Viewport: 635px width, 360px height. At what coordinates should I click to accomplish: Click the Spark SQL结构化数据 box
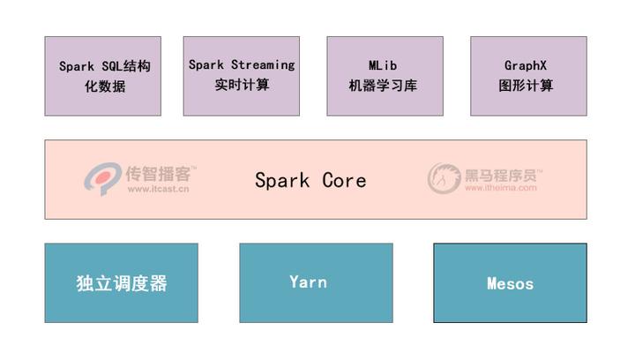(x=103, y=76)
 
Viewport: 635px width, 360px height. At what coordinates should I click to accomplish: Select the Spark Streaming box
(x=242, y=76)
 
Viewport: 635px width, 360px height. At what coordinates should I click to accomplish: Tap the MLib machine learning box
(x=385, y=76)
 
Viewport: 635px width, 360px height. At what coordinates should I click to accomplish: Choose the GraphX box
(x=528, y=76)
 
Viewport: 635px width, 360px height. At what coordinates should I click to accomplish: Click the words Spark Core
(x=310, y=180)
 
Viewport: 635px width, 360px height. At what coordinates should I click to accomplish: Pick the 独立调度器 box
(x=121, y=283)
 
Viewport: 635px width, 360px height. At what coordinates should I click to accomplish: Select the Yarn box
(x=316, y=282)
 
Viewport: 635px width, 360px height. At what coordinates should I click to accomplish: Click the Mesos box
(x=510, y=283)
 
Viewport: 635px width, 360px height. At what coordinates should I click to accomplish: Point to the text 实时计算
(x=242, y=86)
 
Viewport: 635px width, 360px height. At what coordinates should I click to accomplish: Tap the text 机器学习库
(x=385, y=86)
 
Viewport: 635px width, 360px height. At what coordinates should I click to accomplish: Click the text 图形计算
(x=527, y=86)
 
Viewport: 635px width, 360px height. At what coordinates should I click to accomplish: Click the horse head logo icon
(x=444, y=178)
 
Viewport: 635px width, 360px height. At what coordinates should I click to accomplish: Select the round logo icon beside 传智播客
(x=102, y=179)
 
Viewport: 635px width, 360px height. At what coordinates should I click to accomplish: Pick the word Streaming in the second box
(x=263, y=65)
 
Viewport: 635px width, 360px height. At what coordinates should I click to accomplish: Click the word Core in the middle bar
(x=344, y=180)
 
